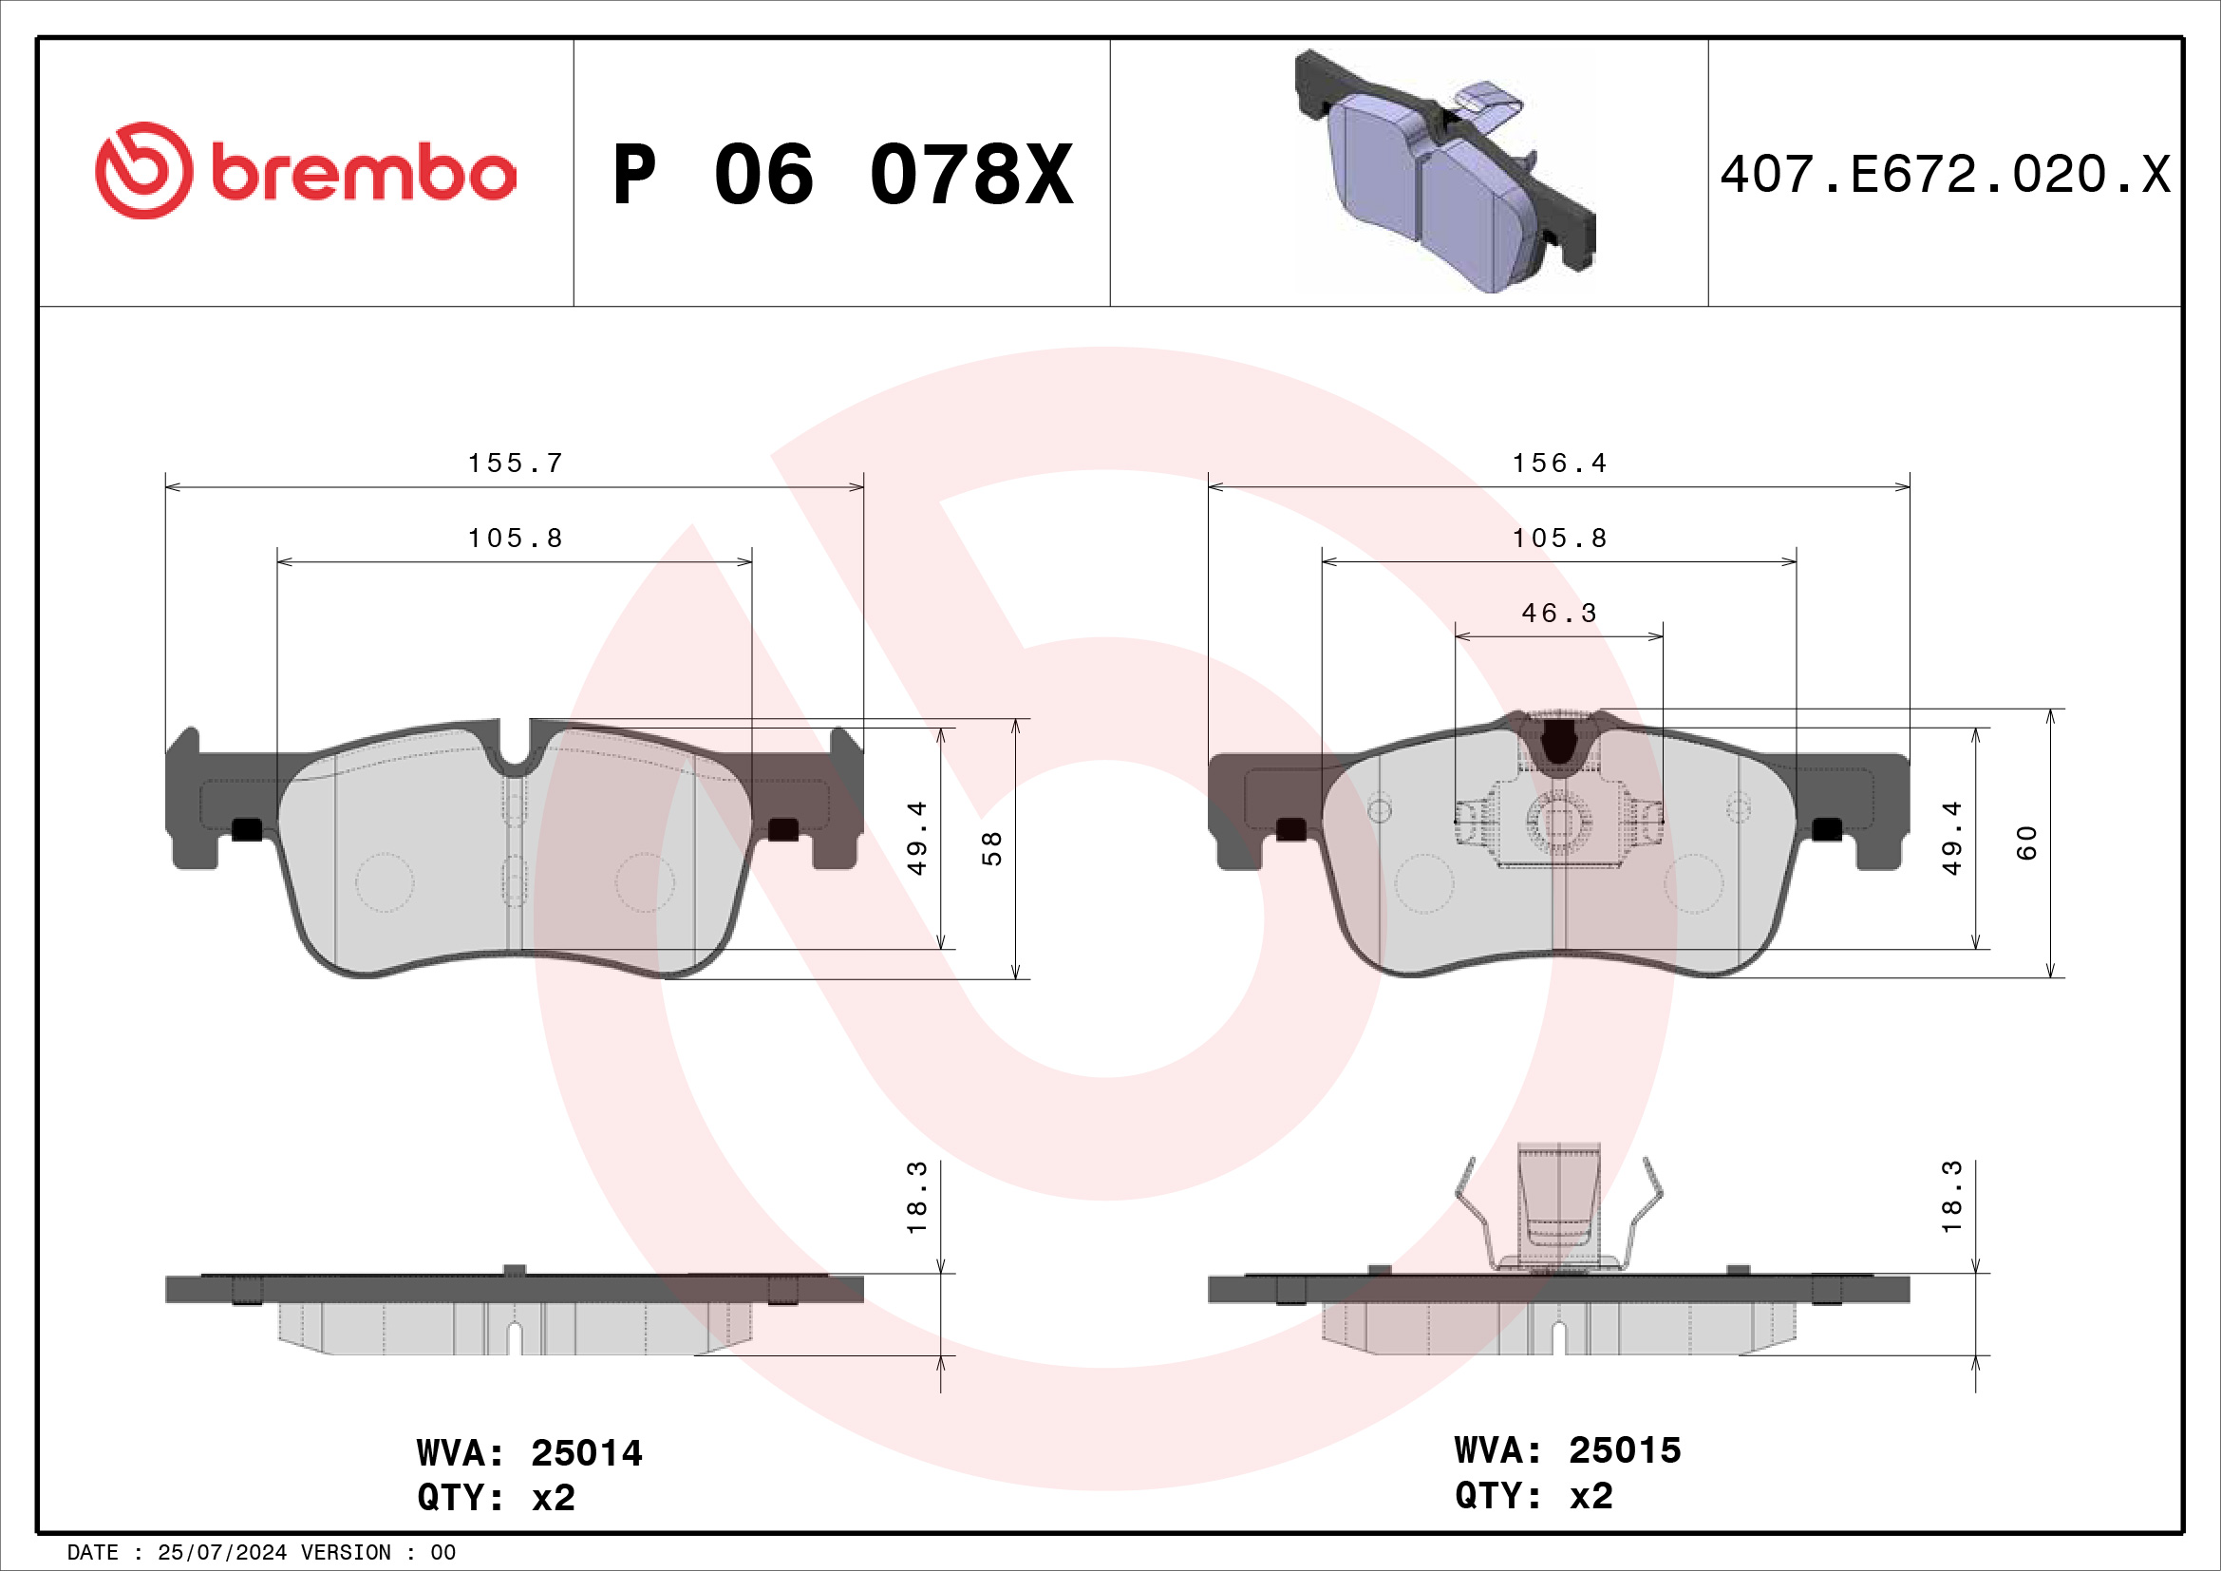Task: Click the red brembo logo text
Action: (363, 174)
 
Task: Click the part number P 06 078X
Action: (842, 175)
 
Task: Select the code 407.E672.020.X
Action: (1945, 175)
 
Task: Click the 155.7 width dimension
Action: (515, 464)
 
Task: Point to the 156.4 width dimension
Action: (1559, 464)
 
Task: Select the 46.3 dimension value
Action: (1558, 614)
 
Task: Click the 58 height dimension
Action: (991, 848)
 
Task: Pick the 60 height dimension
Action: (2026, 842)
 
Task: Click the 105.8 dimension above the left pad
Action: (515, 539)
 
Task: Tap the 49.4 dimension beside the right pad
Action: (1952, 838)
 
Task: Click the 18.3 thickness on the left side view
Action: (916, 1198)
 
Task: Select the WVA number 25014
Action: (586, 1453)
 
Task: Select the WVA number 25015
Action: (1624, 1450)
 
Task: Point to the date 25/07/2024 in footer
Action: (221, 1553)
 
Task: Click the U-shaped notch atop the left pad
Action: (515, 749)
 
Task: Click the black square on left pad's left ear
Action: (248, 829)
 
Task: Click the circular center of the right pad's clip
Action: (1558, 822)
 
